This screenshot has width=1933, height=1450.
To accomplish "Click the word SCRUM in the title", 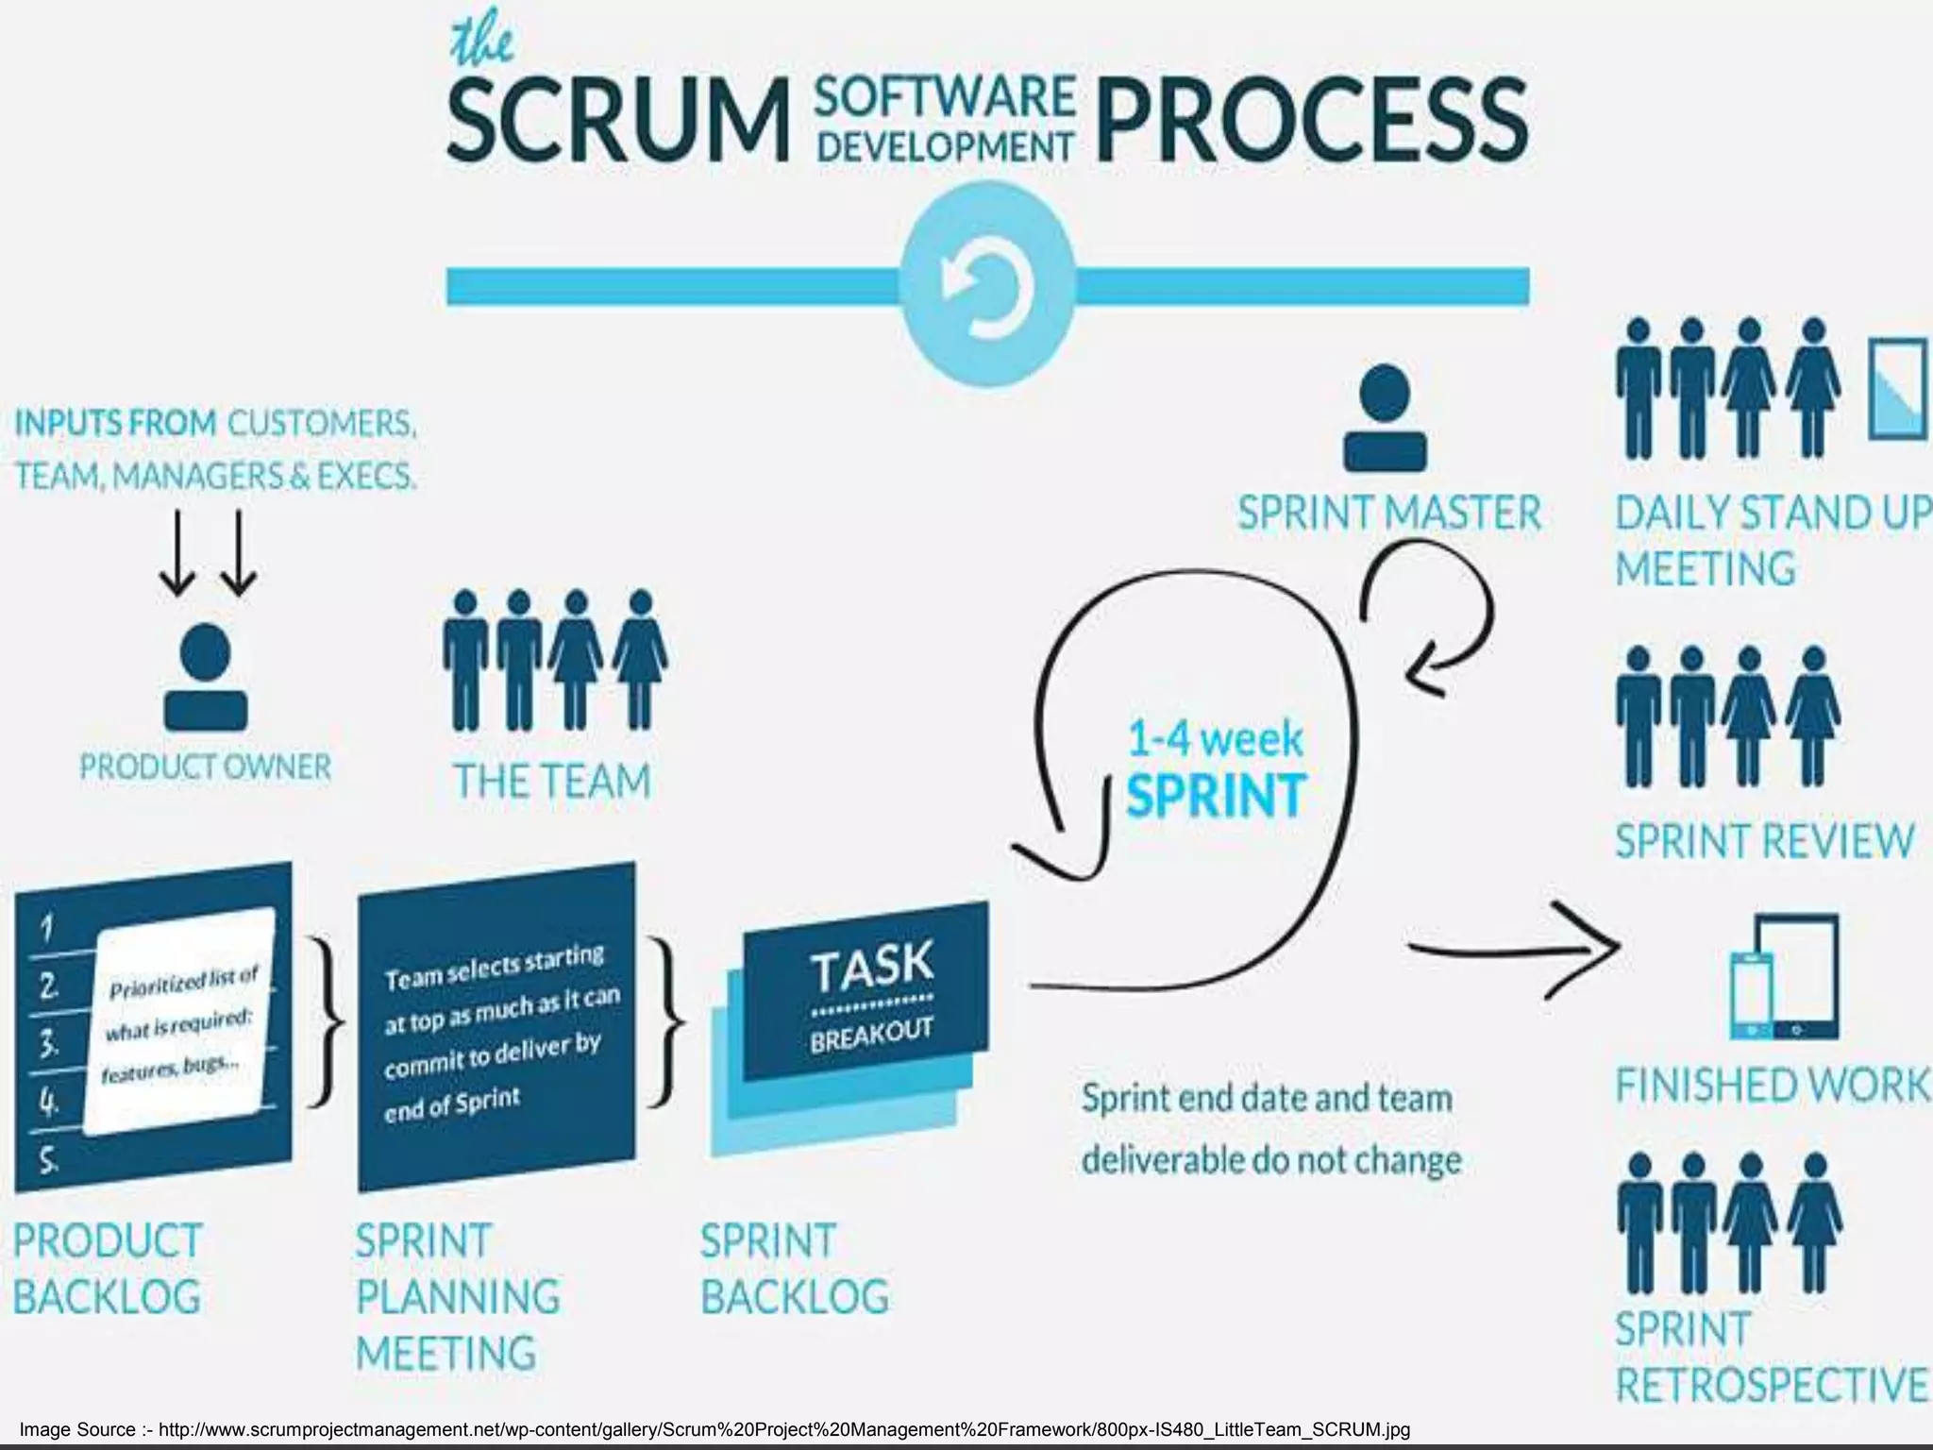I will (617, 120).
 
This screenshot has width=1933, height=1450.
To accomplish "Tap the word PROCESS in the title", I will (1311, 120).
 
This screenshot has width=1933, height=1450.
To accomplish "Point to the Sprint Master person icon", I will (1385, 418).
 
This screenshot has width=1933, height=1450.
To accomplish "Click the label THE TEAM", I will (552, 782).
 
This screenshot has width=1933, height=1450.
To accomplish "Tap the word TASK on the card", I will (871, 965).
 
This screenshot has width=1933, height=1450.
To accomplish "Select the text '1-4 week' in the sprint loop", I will (1216, 737).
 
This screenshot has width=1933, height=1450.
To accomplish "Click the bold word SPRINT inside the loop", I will (1216, 795).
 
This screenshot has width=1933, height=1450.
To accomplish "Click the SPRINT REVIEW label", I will (1764, 840).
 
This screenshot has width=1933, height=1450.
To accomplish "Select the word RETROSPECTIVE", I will (1772, 1386).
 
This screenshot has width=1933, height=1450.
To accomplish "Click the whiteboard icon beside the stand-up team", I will (1897, 389).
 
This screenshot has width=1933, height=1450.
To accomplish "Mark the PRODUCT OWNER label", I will (206, 767).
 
